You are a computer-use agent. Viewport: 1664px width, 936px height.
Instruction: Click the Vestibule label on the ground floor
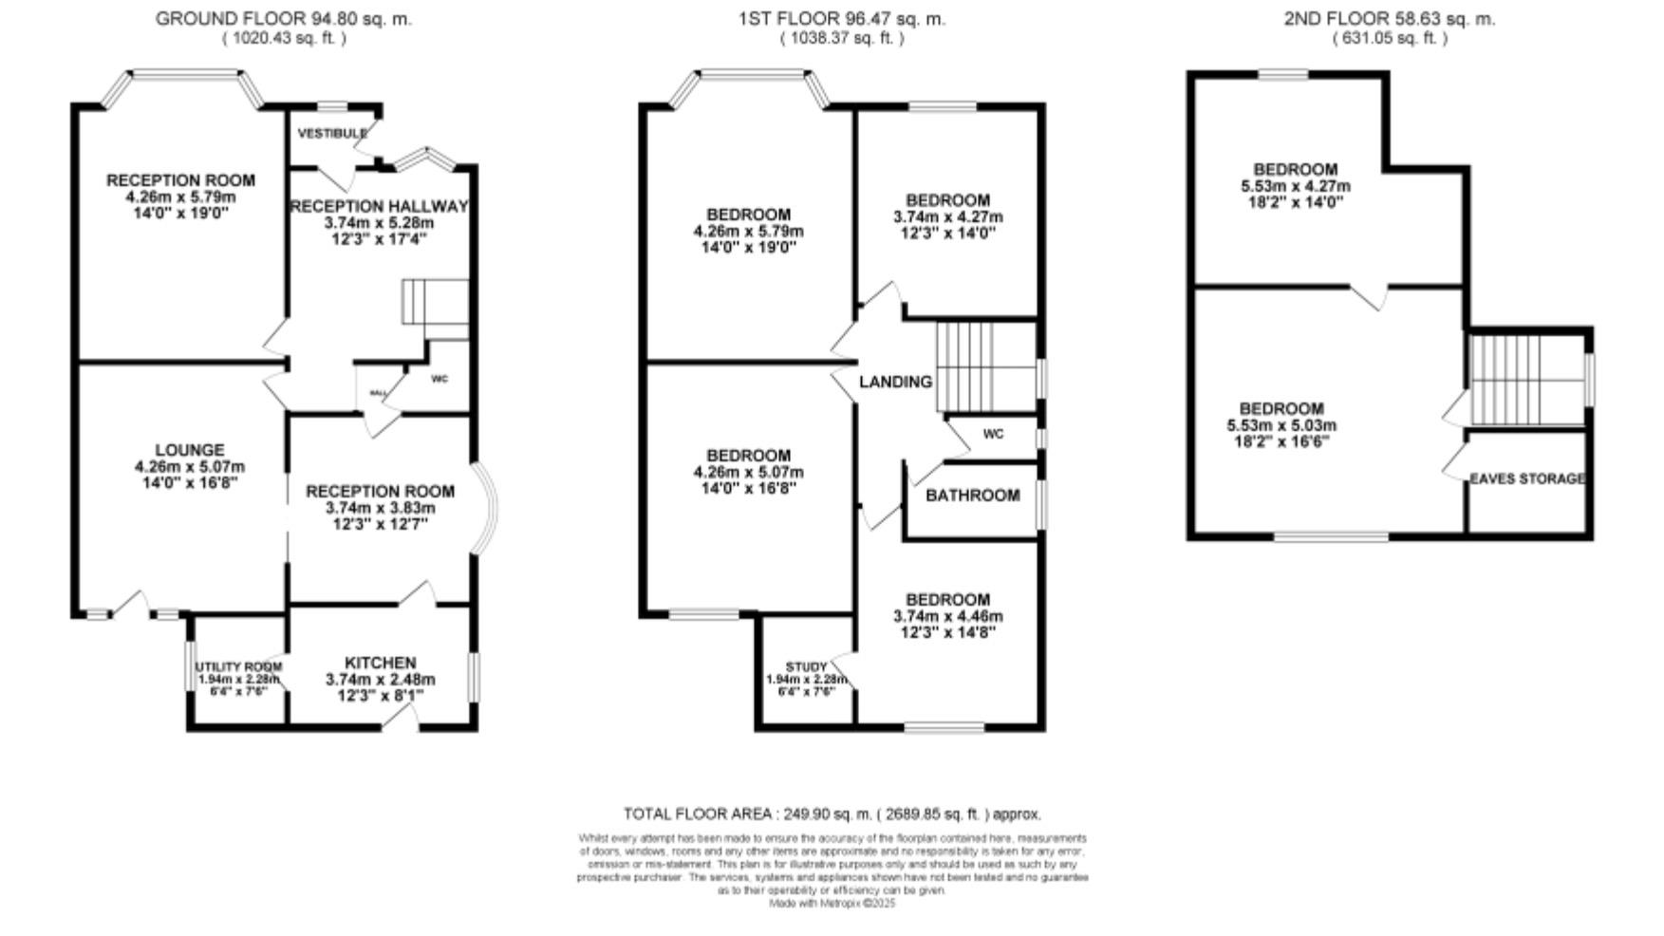331,134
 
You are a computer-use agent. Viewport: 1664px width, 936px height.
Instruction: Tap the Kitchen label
380,663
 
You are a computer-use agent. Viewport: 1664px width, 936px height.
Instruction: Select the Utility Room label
238,666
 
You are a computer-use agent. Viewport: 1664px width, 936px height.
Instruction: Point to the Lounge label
190,450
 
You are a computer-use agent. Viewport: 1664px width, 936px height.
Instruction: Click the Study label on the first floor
806,666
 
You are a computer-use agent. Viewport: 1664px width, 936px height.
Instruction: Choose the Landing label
895,382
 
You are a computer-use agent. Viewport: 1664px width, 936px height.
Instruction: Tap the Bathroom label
972,496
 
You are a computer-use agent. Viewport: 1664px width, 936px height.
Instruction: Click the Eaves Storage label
1526,478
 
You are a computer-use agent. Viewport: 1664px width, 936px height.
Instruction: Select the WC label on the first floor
993,435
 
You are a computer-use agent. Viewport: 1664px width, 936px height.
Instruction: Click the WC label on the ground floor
439,379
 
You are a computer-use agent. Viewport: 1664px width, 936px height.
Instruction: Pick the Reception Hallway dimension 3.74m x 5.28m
379,223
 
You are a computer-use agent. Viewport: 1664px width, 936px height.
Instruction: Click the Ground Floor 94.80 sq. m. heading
283,18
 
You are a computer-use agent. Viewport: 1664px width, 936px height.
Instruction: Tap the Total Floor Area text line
832,814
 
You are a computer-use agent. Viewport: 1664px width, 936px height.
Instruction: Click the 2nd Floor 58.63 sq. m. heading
1389,18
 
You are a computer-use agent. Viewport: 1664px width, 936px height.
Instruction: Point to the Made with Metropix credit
832,904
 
